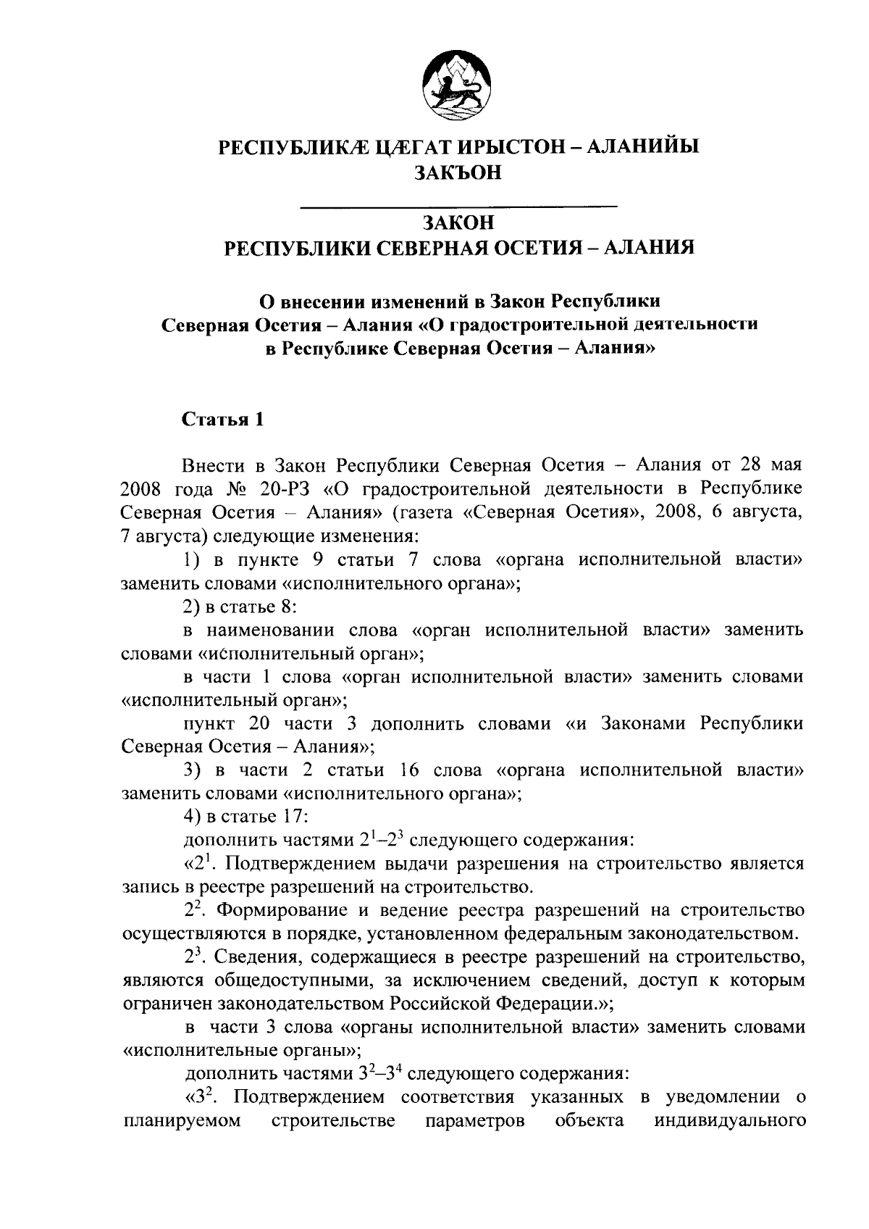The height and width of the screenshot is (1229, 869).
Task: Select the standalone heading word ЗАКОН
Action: [458, 221]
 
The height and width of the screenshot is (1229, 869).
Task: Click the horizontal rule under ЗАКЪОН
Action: [458, 208]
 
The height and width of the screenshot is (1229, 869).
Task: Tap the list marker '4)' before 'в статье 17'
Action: [193, 817]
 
